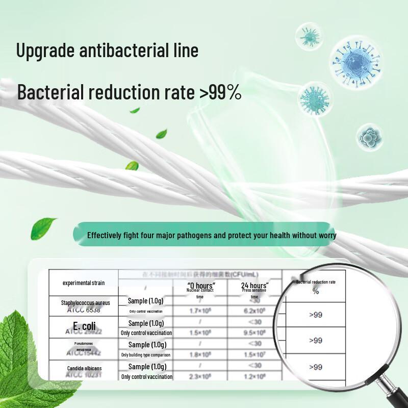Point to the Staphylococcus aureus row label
tap(86, 303)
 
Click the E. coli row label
tap(84, 326)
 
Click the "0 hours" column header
tap(201, 286)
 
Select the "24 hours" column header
tap(254, 286)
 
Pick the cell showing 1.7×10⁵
tap(200, 311)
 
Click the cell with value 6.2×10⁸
tap(254, 311)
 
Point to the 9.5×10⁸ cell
tap(254, 333)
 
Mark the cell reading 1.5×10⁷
tap(254, 355)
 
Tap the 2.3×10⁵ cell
tap(200, 377)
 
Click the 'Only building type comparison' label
tap(146, 355)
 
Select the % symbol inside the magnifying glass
tap(316, 291)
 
